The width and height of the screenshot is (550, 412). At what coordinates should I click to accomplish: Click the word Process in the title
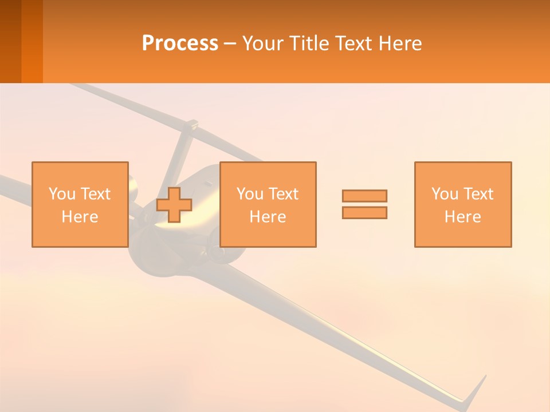(180, 43)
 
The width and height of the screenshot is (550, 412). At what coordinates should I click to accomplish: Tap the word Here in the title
(400, 43)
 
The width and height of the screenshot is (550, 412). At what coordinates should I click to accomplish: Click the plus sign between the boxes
(174, 205)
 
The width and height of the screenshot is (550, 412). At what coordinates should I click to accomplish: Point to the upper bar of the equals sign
(364, 196)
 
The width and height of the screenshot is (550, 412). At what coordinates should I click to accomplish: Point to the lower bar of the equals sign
(364, 212)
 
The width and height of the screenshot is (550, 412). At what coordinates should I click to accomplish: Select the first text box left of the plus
(80, 204)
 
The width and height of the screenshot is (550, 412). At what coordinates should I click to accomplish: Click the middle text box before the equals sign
(268, 204)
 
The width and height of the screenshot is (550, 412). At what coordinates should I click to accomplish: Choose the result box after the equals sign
(462, 204)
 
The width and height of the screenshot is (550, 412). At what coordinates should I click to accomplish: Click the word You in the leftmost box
(62, 193)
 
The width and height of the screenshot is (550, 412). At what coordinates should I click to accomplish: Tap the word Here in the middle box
(268, 217)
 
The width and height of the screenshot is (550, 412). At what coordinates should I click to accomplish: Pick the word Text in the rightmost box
(478, 193)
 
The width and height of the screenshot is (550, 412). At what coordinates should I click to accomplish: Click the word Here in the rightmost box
(462, 217)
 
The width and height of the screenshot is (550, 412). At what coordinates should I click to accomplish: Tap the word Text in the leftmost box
(95, 193)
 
